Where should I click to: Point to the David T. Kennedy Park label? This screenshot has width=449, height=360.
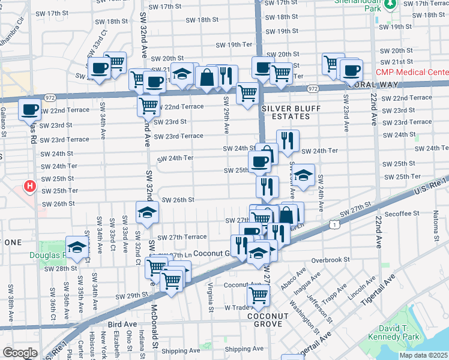click(x=410, y=333)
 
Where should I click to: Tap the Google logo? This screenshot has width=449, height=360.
click(x=20, y=353)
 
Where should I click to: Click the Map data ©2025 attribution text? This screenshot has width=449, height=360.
click(x=424, y=355)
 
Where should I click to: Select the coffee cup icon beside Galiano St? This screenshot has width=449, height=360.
click(x=29, y=109)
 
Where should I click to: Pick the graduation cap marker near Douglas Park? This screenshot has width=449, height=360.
click(x=76, y=247)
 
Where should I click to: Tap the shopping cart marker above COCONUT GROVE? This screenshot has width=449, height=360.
click(x=258, y=295)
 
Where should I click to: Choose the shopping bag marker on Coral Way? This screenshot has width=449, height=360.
click(x=206, y=77)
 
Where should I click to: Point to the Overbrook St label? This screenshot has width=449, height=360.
click(x=330, y=260)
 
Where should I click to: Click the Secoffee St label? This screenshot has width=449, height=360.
click(x=402, y=213)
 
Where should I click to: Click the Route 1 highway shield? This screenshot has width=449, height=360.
click(x=334, y=224)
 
